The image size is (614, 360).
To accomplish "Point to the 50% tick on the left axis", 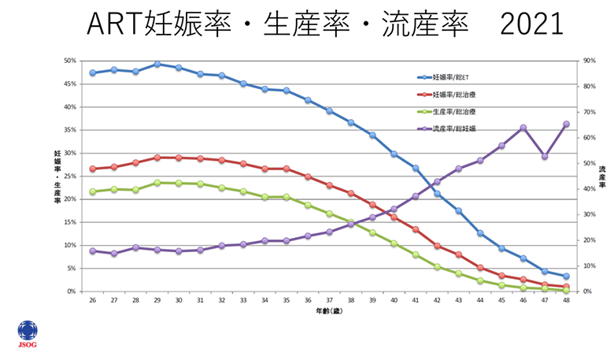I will (70, 61).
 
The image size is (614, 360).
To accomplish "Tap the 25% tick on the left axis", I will (70, 176).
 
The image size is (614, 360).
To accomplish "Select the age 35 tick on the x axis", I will (287, 299).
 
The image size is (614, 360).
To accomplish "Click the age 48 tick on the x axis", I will (566, 299).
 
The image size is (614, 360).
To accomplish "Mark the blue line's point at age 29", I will (157, 64).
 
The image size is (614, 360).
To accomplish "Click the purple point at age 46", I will (523, 128).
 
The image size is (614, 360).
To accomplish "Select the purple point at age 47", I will (545, 156).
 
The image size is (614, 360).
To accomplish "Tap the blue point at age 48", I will (566, 276).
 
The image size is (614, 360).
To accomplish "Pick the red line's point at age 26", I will (93, 169).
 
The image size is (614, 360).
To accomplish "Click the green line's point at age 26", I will (93, 191).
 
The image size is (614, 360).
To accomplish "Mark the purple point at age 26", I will (93, 251).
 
